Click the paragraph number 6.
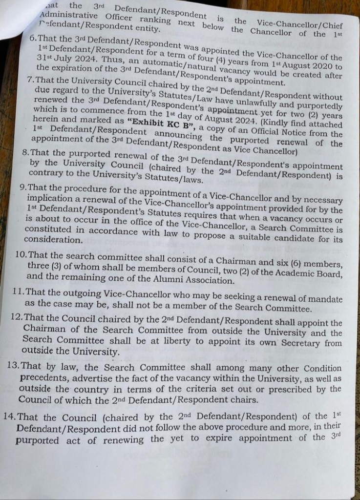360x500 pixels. pyautogui.click(x=33, y=38)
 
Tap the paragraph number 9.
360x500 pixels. pyautogui.click(x=23, y=188)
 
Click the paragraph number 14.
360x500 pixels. pyautogui.click(x=10, y=417)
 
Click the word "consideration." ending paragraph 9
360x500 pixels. pyautogui.click(x=53, y=240)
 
